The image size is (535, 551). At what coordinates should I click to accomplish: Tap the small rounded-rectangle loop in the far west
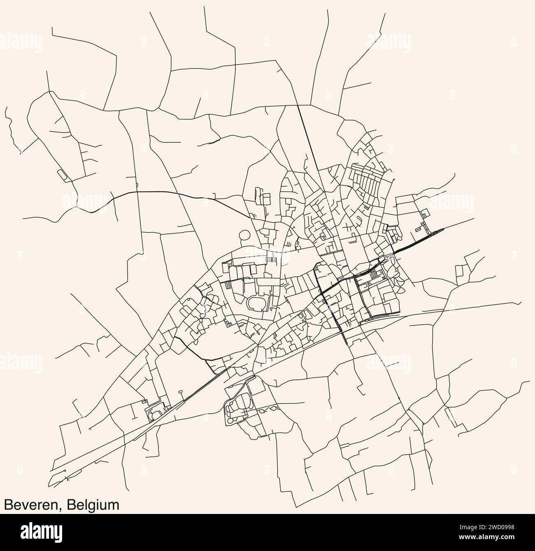click(62, 174)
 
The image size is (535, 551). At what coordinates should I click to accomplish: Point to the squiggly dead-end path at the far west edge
click(10, 123)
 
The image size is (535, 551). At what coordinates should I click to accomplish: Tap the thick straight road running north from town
click(309, 136)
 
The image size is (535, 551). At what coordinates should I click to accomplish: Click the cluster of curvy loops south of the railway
click(237, 407)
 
